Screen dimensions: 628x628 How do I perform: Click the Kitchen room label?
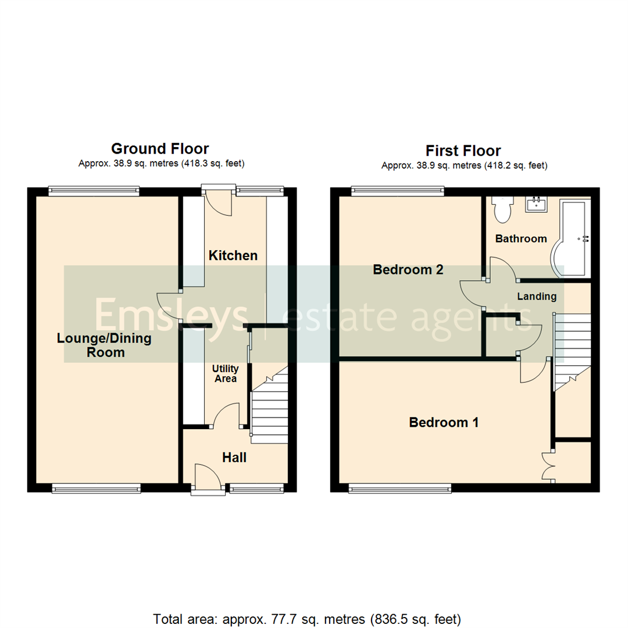pyautogui.click(x=233, y=255)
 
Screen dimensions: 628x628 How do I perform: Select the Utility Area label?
pyautogui.click(x=225, y=374)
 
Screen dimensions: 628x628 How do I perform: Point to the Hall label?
pyautogui.click(x=234, y=458)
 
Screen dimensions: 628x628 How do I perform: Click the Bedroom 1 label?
pyautogui.click(x=444, y=423)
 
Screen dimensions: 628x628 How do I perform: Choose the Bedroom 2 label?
pyautogui.click(x=408, y=270)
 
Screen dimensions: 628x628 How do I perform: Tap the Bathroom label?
pyautogui.click(x=520, y=238)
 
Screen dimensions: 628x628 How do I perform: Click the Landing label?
pyautogui.click(x=537, y=297)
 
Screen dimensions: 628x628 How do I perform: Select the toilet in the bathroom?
pyautogui.click(x=501, y=209)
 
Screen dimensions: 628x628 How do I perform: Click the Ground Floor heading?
pyautogui.click(x=160, y=149)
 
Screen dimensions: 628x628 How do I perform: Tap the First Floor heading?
pyautogui.click(x=463, y=151)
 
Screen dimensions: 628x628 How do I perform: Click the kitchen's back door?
pyautogui.click(x=219, y=201)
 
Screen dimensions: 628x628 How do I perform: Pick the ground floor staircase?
pyautogui.click(x=270, y=407)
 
